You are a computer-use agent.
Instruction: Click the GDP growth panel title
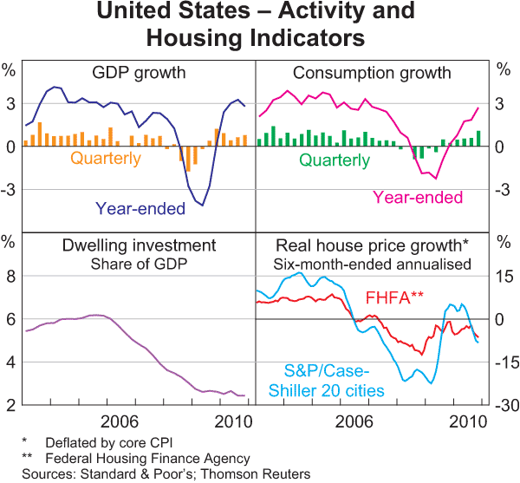pyautogui.click(x=139, y=73)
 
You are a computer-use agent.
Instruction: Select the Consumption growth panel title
pyautogui.click(x=372, y=73)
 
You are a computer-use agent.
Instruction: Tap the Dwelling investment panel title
pyautogui.click(x=139, y=245)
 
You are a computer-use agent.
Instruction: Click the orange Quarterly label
pyautogui.click(x=106, y=159)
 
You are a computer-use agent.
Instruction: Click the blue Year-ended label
pyautogui.click(x=140, y=208)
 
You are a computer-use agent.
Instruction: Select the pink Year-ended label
pyautogui.click(x=418, y=198)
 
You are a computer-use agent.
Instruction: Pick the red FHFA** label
pyautogui.click(x=394, y=297)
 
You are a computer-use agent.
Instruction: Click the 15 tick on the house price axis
pyautogui.click(x=504, y=277)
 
